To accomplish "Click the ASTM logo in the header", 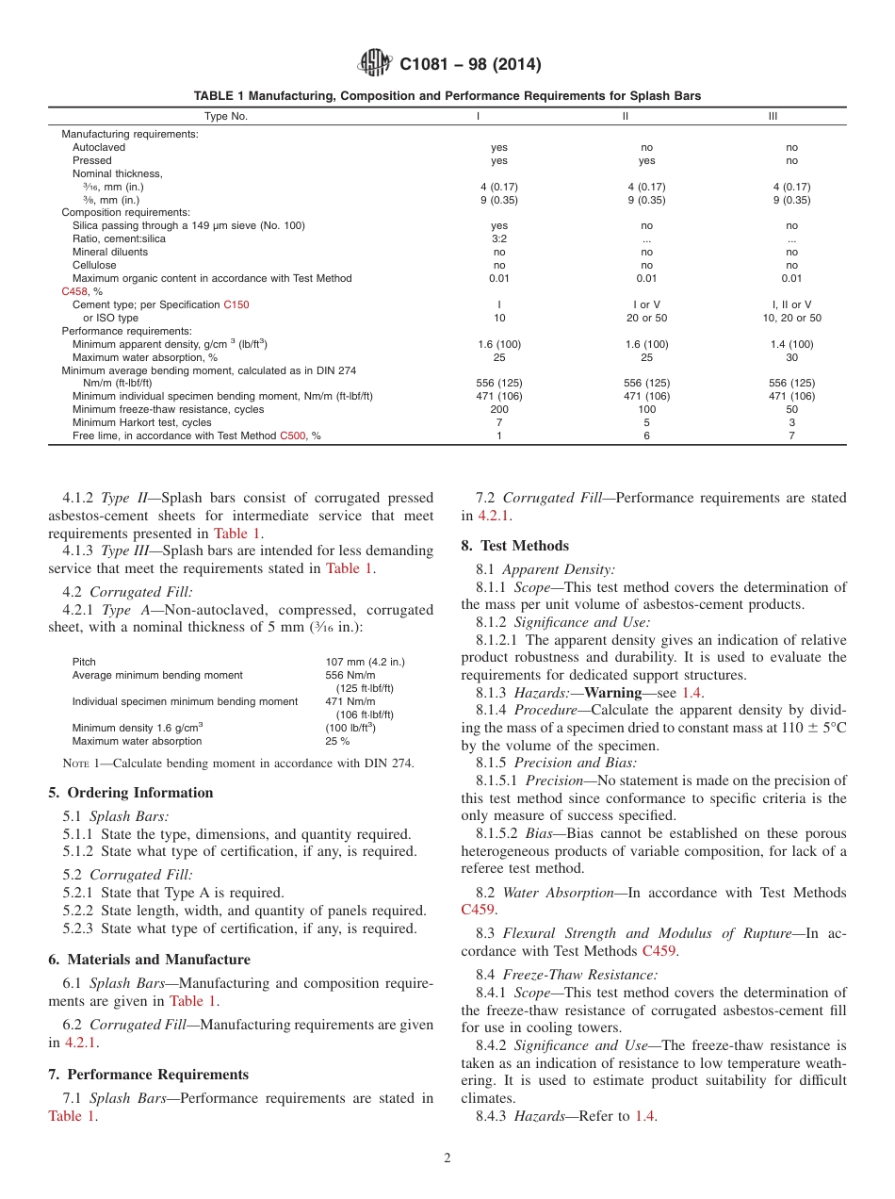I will pyautogui.click(x=376, y=64).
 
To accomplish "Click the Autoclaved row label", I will pyautogui.click(x=99, y=147).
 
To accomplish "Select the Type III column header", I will pyautogui.click(x=773, y=116).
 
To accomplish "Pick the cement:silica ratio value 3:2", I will pyautogui.click(x=498, y=239).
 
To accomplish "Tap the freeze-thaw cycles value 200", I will pyautogui.click(x=498, y=410).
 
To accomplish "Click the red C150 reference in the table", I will pyautogui.click(x=236, y=305).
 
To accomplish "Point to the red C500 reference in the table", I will pyautogui.click(x=292, y=436).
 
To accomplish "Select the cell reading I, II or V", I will pyautogui.click(x=791, y=305).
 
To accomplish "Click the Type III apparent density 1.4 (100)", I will pyautogui.click(x=791, y=345).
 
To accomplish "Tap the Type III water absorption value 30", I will pyautogui.click(x=791, y=358).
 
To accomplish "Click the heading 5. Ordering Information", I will pyautogui.click(x=130, y=793).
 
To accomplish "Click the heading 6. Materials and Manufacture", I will pyautogui.click(x=149, y=960).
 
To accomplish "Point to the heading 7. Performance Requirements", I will pyautogui.click(x=148, y=1075).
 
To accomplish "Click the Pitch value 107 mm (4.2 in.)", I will pyautogui.click(x=366, y=662).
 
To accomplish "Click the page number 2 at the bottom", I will pyautogui.click(x=447, y=1158).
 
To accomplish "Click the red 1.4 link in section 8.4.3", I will pyautogui.click(x=644, y=1116).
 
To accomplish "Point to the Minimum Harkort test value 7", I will pyautogui.click(x=498, y=423).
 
